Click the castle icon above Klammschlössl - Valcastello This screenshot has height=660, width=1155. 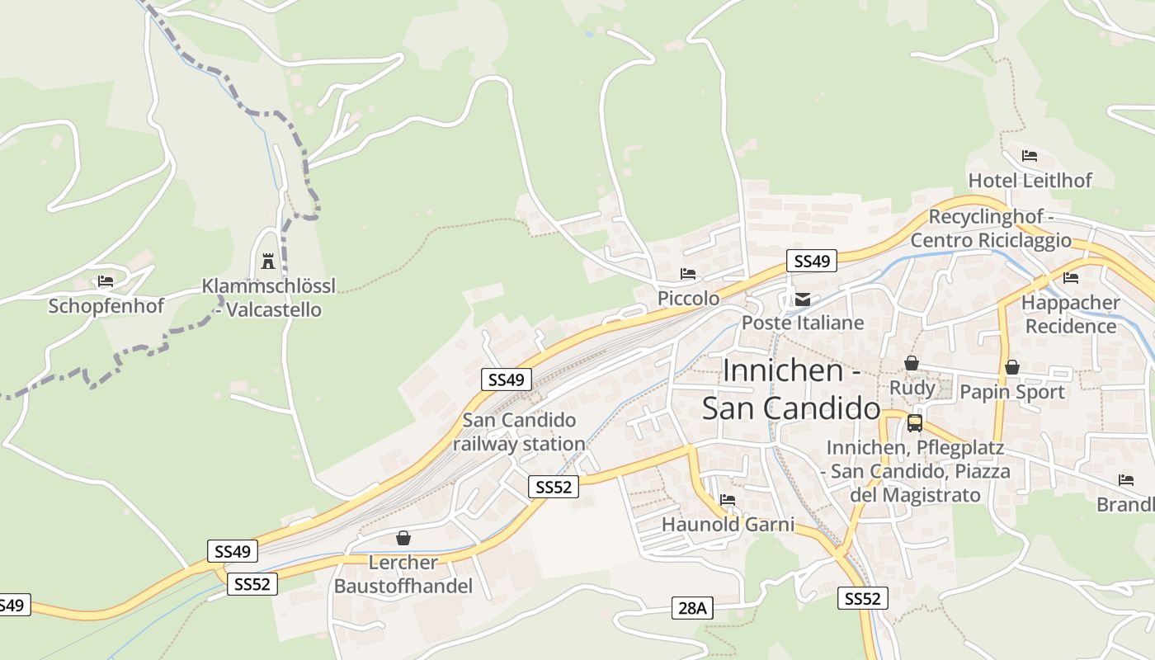tap(267, 262)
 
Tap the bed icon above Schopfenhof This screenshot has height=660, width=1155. tap(106, 281)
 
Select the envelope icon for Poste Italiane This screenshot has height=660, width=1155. tap(802, 299)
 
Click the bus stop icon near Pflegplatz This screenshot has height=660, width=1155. tap(914, 423)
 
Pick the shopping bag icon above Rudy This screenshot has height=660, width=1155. tap(912, 363)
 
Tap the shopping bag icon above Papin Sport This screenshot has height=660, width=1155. tap(1011, 367)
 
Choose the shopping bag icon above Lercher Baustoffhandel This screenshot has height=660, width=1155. tap(403, 538)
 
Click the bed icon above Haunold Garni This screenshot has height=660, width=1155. tap(728, 500)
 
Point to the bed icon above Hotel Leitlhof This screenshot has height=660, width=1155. tap(1029, 155)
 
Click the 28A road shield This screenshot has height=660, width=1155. tap(692, 608)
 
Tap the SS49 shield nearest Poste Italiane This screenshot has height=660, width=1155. tap(811, 262)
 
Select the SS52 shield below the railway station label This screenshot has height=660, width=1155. tap(553, 487)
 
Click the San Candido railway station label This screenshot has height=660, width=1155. tap(519, 432)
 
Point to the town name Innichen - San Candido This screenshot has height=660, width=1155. tap(790, 389)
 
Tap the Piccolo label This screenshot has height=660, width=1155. tap(688, 298)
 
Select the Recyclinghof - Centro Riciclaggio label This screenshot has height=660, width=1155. tap(991, 229)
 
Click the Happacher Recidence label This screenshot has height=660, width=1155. tap(1070, 314)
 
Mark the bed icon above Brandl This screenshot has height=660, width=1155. tap(1126, 480)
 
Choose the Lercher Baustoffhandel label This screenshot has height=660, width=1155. tap(403, 574)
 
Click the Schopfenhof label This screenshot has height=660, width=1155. tap(106, 306)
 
